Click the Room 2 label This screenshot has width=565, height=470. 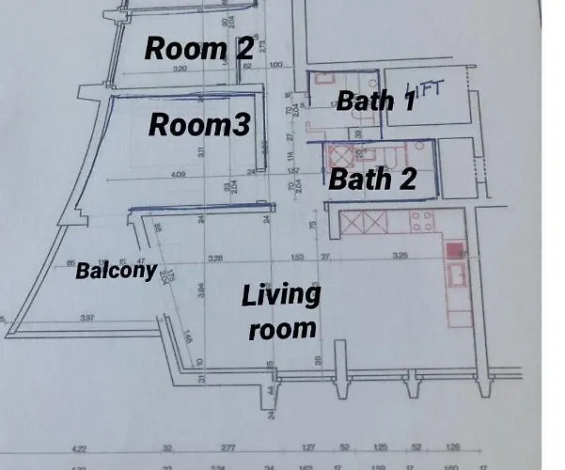(x=198, y=48)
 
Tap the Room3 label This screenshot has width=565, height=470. (x=199, y=125)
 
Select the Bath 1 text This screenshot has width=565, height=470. (x=375, y=101)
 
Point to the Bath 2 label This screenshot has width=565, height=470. (x=371, y=179)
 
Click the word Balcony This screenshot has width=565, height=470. (x=116, y=271)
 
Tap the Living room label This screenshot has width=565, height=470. (x=280, y=311)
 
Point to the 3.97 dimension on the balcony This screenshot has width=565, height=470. (x=87, y=320)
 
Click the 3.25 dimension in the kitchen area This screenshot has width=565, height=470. (x=399, y=256)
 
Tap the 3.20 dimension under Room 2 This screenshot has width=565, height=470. (x=182, y=68)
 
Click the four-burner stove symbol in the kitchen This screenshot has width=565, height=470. (x=422, y=222)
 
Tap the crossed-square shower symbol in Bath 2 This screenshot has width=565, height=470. (x=337, y=156)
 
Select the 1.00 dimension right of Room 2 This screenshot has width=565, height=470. (x=275, y=66)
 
